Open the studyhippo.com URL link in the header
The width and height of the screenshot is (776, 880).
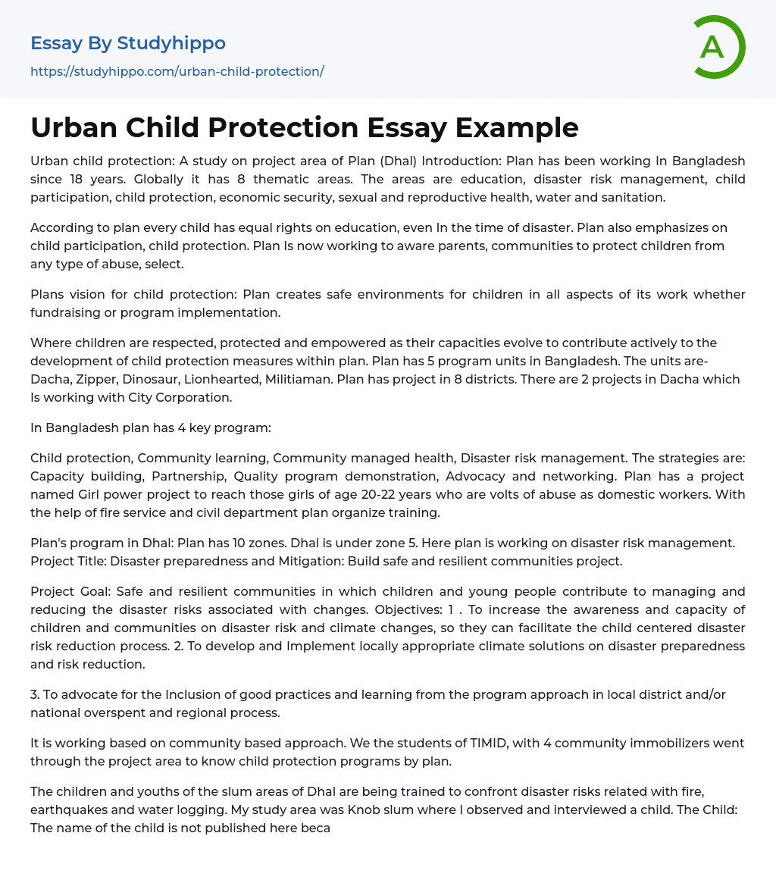coord(177,71)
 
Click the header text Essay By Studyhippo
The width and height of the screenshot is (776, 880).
coord(127,43)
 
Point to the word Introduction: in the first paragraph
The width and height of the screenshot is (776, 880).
coord(462,161)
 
